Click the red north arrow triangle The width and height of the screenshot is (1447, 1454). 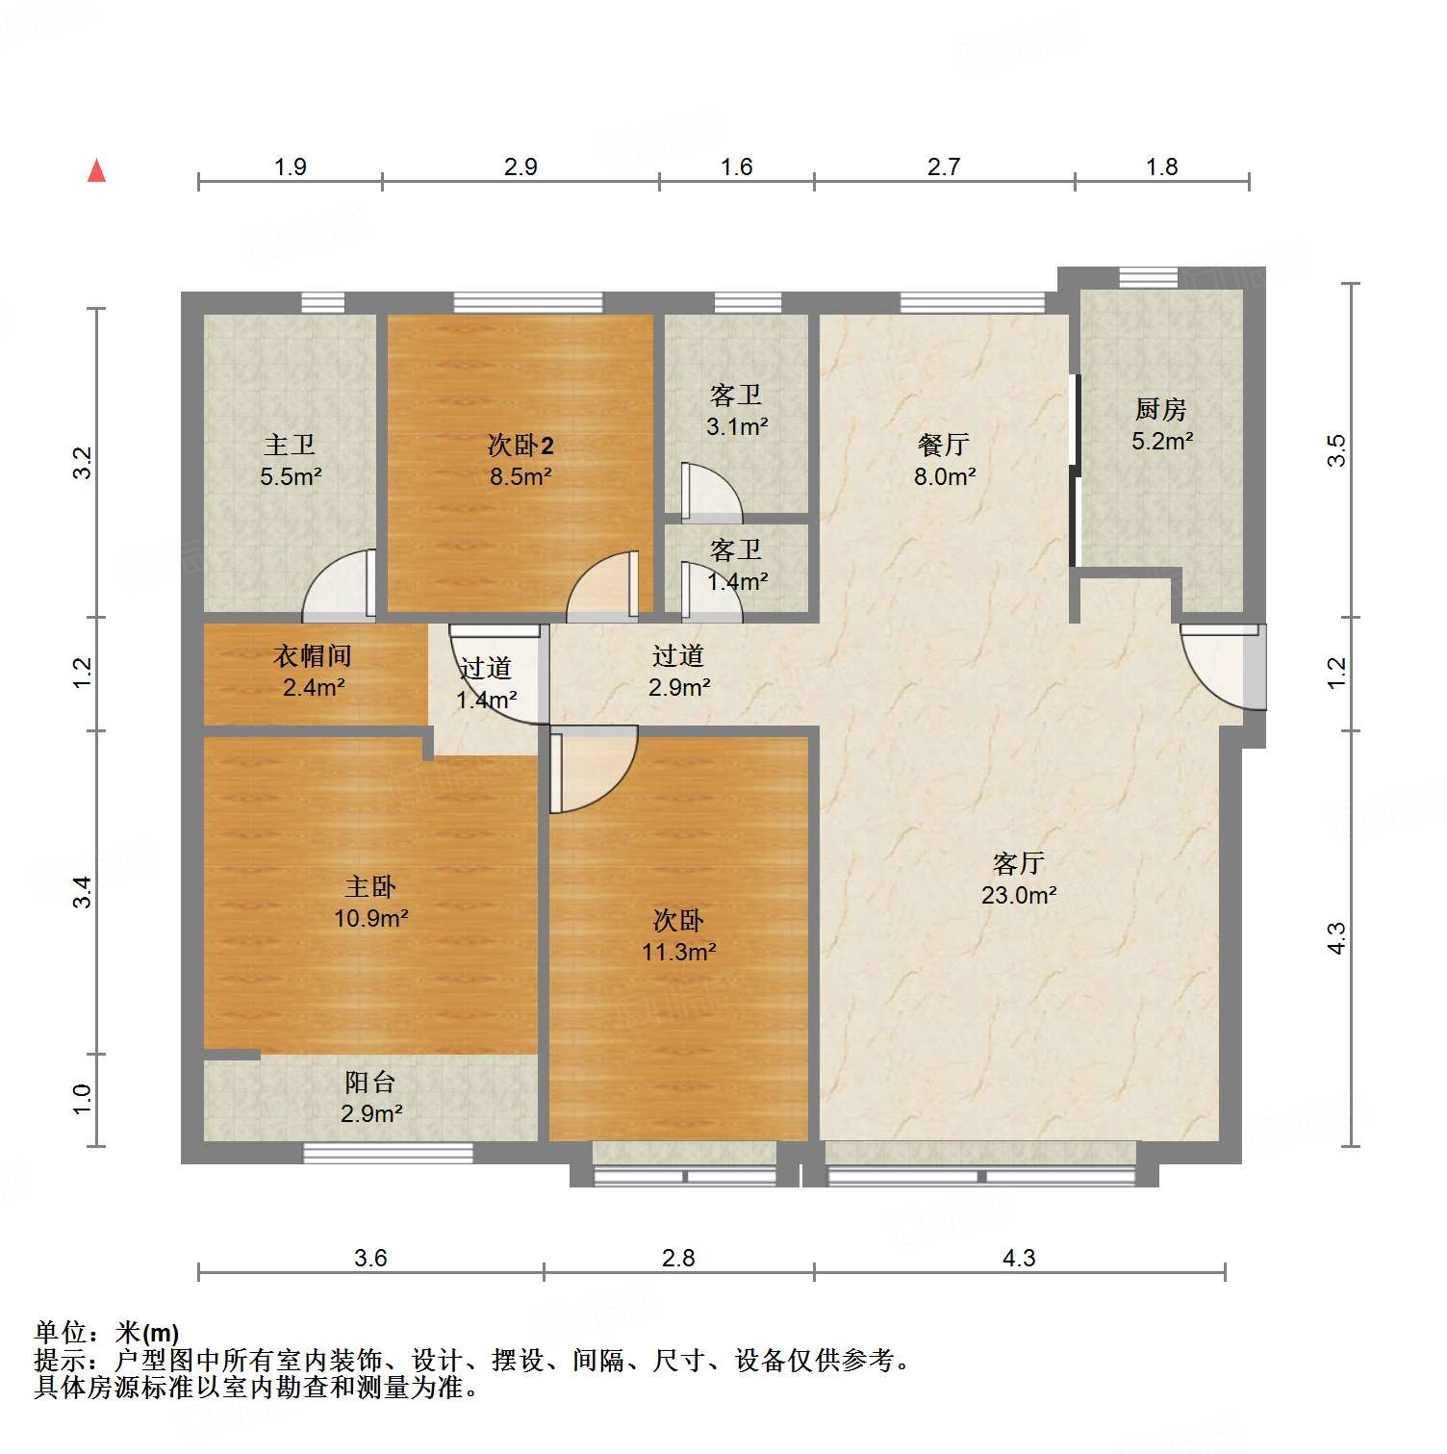96,170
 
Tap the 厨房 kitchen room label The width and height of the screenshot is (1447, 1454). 1160,410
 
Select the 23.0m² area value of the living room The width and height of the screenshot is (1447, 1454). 1019,896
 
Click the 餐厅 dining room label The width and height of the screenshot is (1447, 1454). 943,445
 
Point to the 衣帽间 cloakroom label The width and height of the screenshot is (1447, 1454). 313,656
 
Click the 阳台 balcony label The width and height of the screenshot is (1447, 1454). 370,1083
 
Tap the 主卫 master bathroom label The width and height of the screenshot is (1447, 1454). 290,445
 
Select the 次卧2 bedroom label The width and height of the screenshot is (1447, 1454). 520,446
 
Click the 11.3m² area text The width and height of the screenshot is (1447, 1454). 678,953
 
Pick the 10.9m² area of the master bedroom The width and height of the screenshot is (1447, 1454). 370,919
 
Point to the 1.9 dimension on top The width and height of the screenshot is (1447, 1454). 290,167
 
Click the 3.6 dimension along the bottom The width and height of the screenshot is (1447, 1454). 370,1258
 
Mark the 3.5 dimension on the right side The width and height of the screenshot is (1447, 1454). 1336,450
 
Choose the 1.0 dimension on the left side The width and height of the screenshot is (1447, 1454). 83,1099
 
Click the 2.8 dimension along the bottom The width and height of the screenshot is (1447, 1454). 678,1258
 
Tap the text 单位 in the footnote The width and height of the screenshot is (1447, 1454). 61,1333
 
